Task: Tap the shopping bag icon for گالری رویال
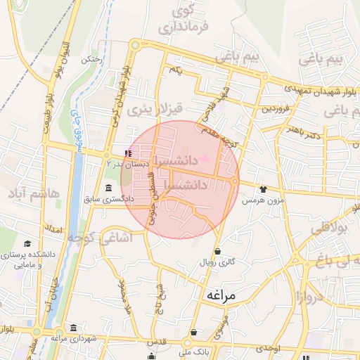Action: (217, 251)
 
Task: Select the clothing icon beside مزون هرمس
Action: (264, 188)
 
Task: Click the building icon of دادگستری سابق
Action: (108, 188)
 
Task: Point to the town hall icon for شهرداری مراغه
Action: (75, 328)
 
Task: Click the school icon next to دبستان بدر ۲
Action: (127, 153)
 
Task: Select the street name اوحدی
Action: (268, 349)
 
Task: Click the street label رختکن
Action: (92, 60)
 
